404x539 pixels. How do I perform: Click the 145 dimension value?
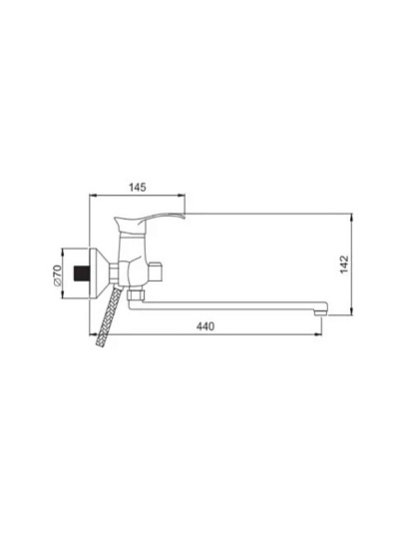(138, 188)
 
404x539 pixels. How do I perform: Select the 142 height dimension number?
(344, 264)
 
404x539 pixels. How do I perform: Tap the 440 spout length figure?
(205, 326)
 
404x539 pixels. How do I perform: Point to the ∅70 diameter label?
(57, 275)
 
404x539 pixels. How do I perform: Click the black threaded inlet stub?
(82, 273)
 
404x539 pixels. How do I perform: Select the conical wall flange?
(100, 273)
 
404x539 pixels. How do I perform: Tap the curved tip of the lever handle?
(184, 217)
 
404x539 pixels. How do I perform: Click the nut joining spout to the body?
(137, 294)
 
